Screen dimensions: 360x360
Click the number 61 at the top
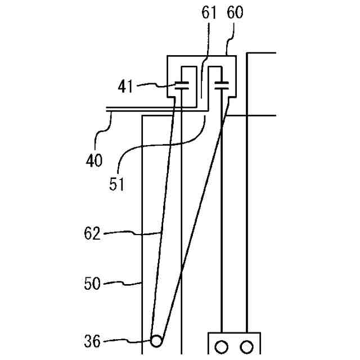pos(209,13)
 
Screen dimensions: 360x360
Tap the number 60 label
pos(235,13)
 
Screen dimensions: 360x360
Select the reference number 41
pos(128,87)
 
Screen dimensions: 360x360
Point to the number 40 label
pos(94,160)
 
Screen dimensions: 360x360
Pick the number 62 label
pos(92,232)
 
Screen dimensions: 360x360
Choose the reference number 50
pos(92,283)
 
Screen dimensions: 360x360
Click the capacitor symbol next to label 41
pos(182,87)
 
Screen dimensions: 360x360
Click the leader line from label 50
pos(124,282)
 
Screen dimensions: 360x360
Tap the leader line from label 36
pos(127,339)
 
